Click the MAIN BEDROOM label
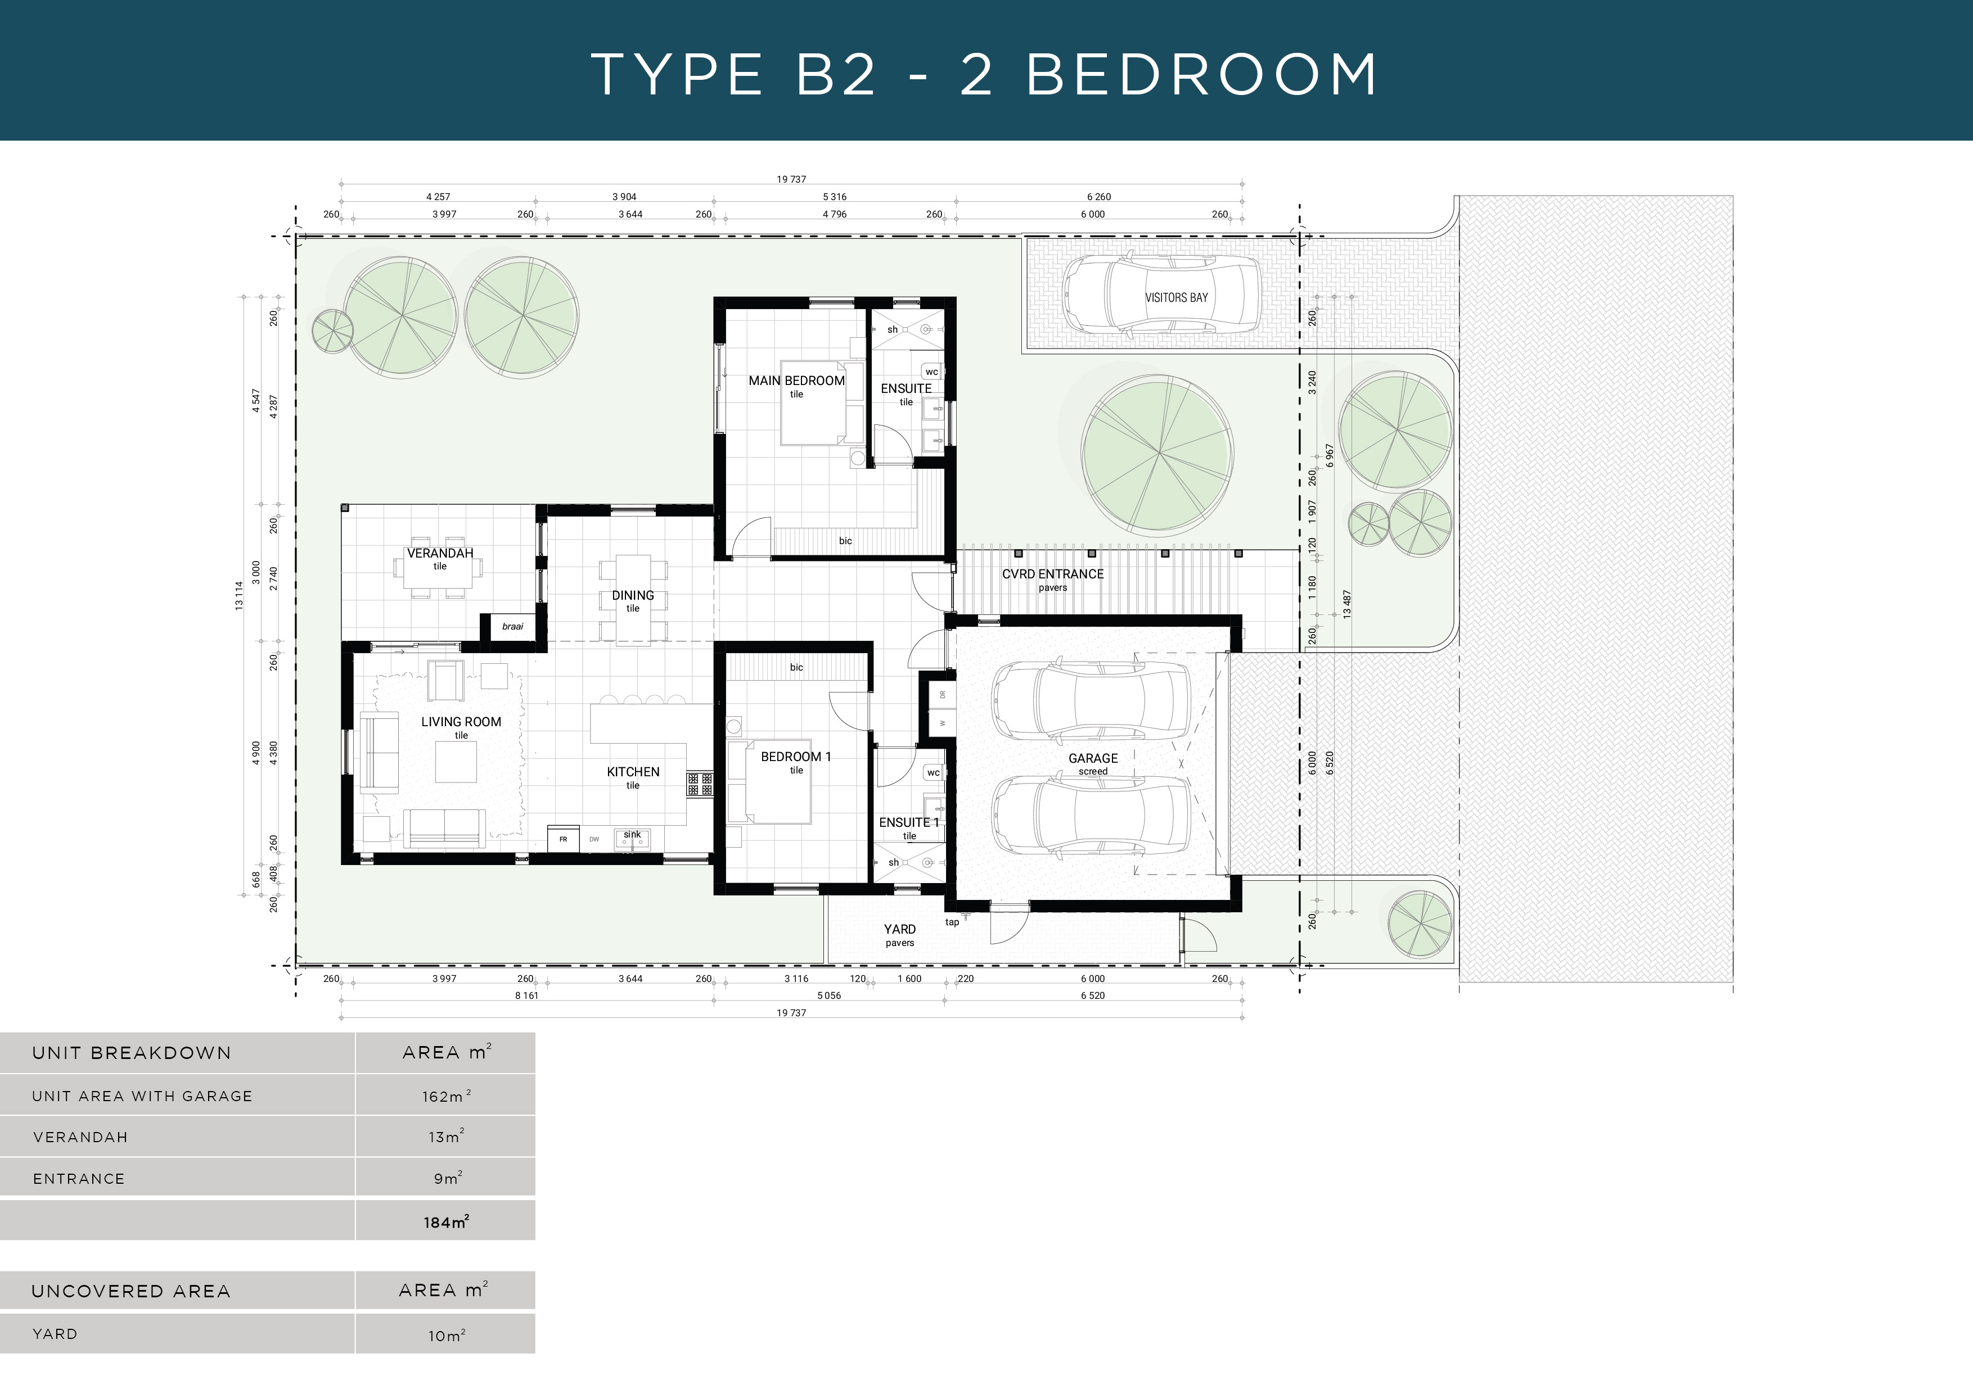point(796,381)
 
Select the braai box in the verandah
point(512,626)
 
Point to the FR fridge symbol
point(563,839)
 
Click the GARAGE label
point(1092,758)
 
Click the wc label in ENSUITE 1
point(933,773)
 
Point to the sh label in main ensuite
point(892,330)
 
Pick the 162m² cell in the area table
point(445,1097)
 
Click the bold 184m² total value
point(445,1222)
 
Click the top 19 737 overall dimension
point(791,179)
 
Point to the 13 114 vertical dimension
point(239,595)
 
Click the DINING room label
point(633,595)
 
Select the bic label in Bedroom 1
point(796,667)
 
